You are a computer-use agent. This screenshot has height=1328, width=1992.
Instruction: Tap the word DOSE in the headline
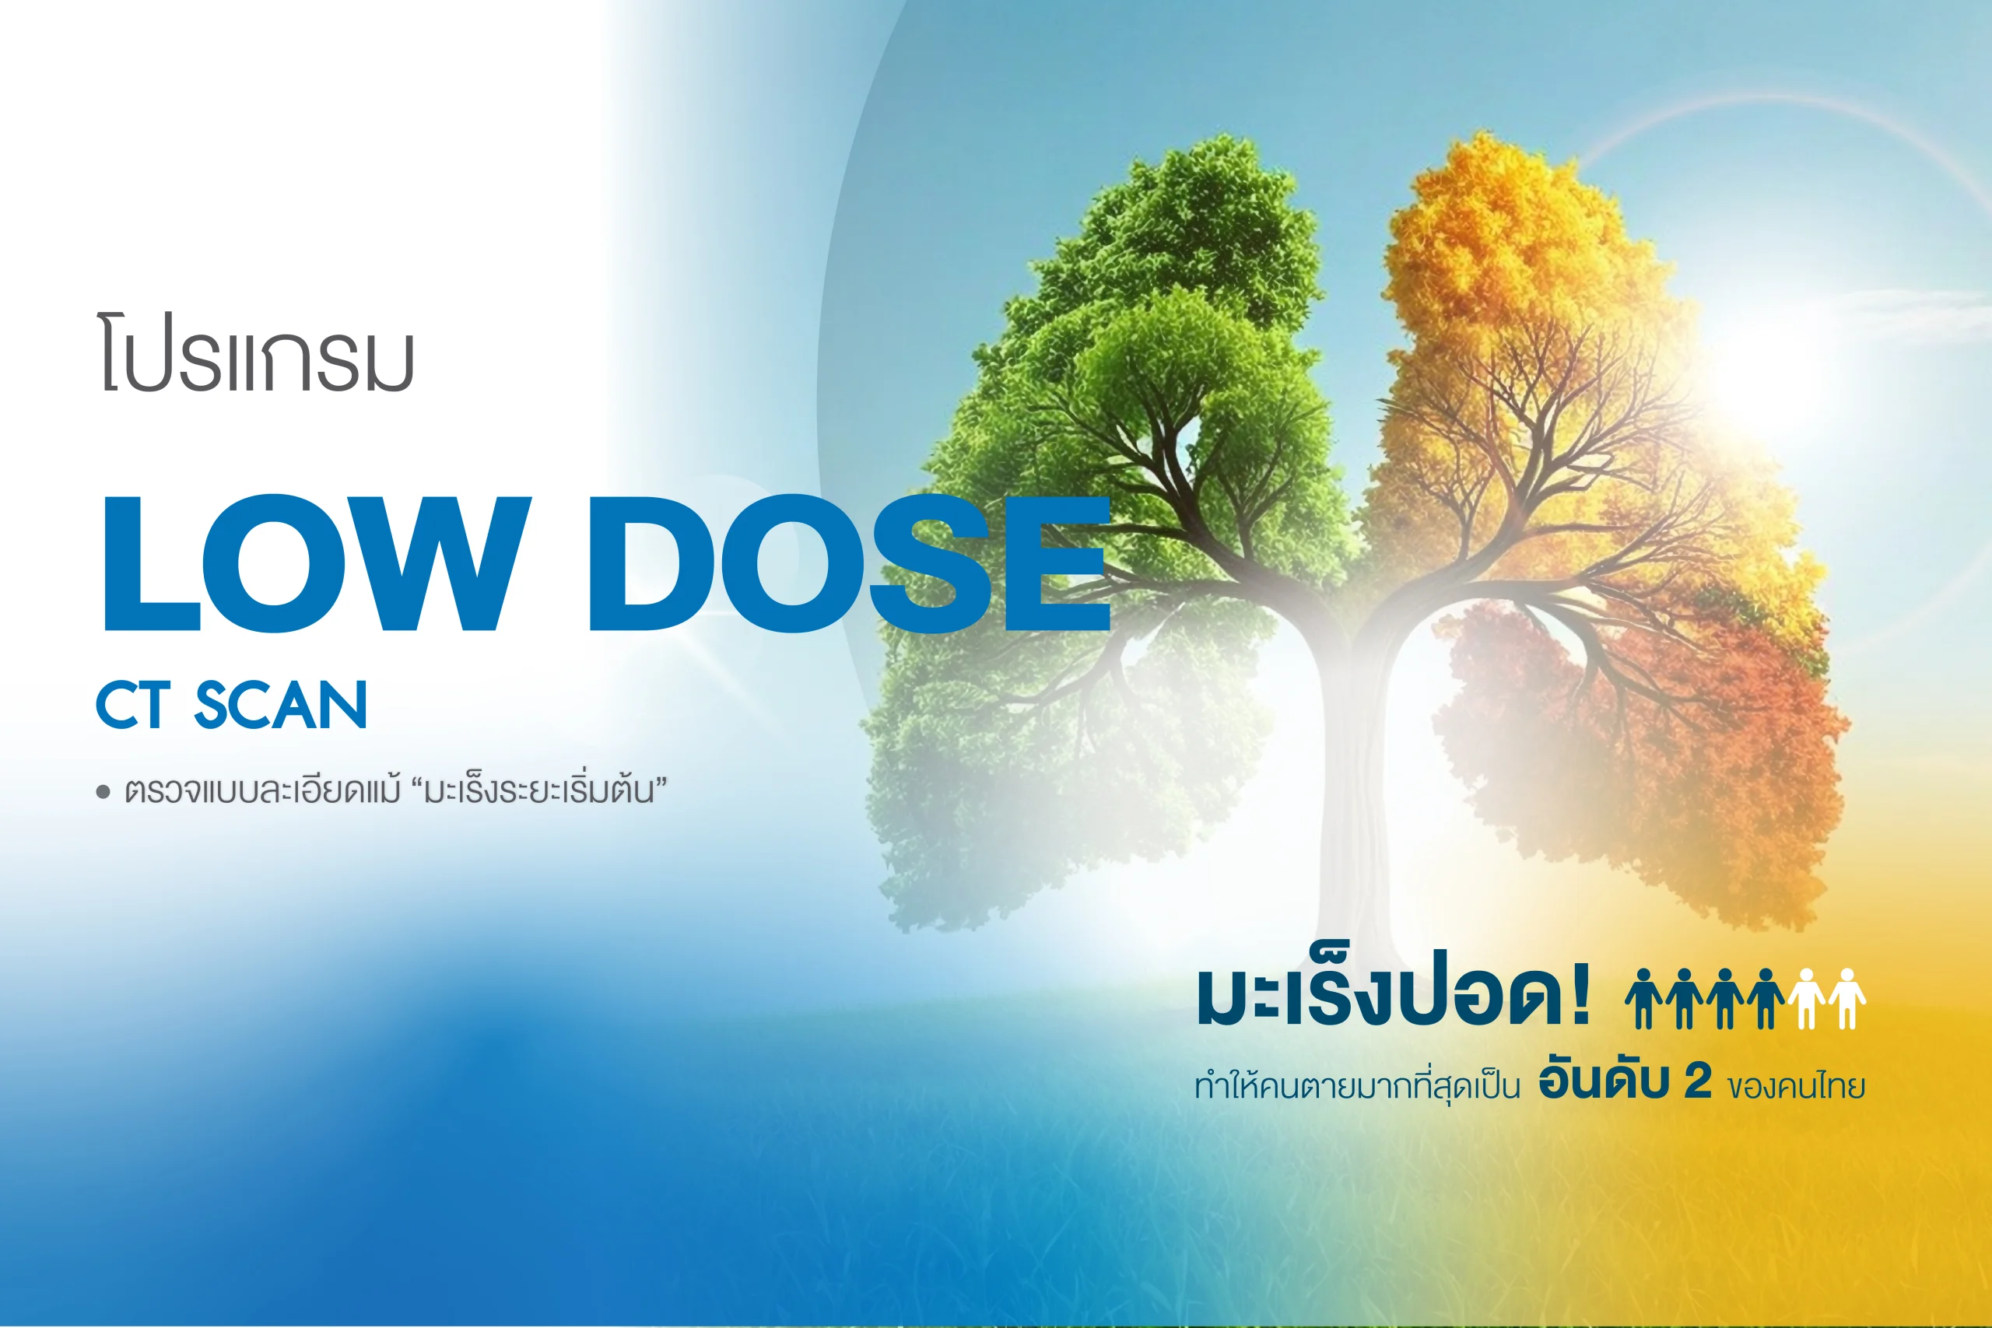850,564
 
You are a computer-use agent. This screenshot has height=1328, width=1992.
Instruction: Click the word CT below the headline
134,705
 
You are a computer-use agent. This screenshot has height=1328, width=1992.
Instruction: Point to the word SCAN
281,705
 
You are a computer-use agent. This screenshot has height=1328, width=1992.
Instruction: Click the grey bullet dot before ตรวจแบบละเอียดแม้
103,793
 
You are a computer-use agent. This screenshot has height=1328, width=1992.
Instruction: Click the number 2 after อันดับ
1697,1081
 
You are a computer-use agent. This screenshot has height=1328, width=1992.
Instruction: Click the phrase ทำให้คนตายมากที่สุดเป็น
1357,1084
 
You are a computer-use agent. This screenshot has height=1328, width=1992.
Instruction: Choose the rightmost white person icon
1847,999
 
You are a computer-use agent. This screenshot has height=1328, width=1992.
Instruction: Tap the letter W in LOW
438,564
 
